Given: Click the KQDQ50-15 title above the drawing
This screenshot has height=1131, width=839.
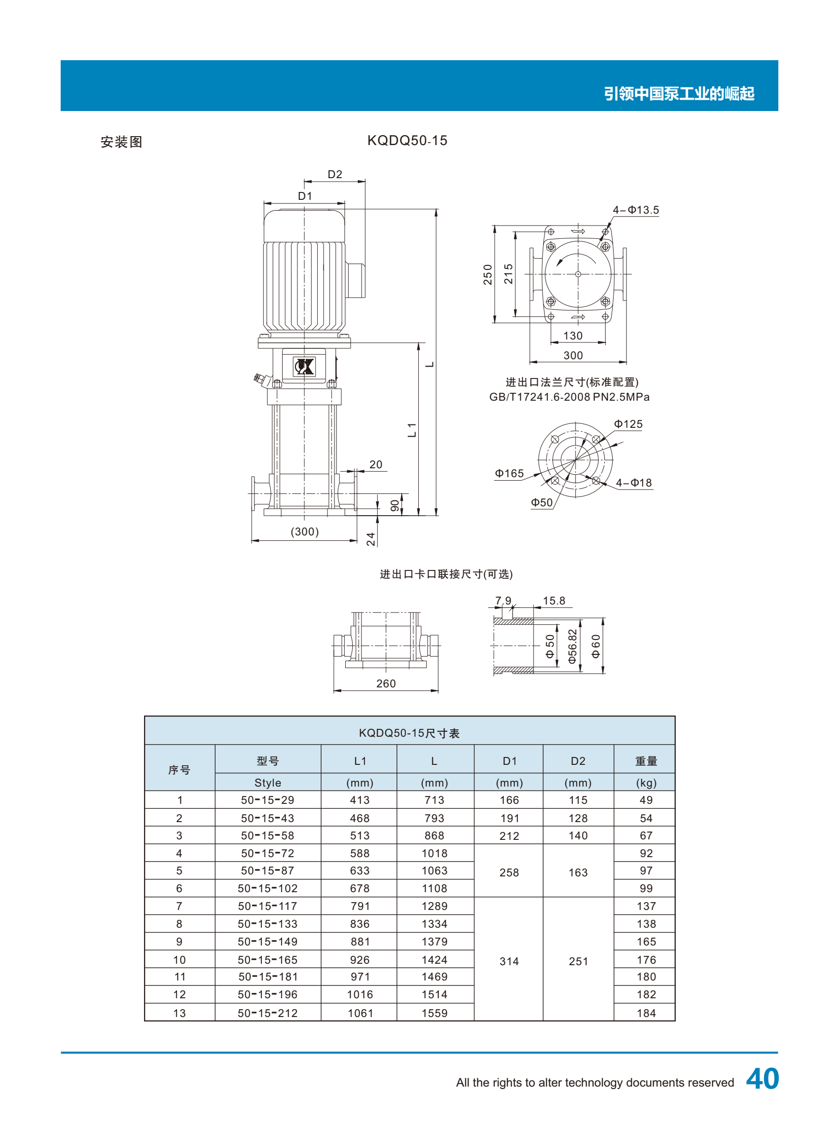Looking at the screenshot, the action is (407, 141).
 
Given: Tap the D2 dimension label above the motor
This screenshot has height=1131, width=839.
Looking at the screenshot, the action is (335, 174).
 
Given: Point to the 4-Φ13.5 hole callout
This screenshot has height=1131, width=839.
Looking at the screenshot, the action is (636, 210).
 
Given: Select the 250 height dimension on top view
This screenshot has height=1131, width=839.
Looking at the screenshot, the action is (487, 274).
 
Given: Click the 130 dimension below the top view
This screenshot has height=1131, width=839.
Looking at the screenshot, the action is (573, 336).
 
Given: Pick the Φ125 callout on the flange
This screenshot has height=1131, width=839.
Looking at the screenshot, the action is (628, 424).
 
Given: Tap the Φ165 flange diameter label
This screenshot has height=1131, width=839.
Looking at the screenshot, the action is (510, 473).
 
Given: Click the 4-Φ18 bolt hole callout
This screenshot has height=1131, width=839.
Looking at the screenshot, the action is (634, 483).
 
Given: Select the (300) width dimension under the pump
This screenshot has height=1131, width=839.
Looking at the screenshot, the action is (305, 531).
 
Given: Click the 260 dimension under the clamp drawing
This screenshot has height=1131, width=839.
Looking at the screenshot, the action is (386, 683).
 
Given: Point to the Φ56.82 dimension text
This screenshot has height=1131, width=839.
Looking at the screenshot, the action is (572, 646).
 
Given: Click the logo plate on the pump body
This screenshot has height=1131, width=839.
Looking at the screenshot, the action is (304, 366).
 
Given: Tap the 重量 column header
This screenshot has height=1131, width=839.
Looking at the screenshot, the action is (646, 761).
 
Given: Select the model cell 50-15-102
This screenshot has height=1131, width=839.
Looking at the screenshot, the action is (268, 888).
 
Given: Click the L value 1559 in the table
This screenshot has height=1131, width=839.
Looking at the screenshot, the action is (435, 1013).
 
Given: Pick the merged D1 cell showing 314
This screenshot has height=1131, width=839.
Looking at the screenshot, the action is (509, 961).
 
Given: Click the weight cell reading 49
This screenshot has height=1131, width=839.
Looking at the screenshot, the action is (646, 800).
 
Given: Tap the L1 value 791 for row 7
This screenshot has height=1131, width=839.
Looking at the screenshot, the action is (360, 906).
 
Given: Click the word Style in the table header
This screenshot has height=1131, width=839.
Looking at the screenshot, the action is (268, 783).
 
